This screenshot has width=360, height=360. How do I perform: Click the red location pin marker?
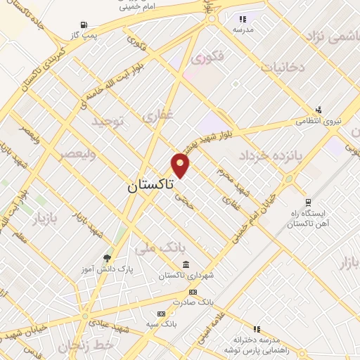click(181, 165)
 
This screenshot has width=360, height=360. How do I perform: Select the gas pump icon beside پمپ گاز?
click(85, 24)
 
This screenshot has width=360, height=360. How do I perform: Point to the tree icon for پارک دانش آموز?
click(107, 258)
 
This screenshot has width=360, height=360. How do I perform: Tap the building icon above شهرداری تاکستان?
click(186, 264)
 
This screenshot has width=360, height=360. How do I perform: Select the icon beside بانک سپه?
click(161, 313)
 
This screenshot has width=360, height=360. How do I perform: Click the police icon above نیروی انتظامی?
click(319, 110)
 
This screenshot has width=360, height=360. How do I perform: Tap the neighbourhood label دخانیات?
click(283, 67)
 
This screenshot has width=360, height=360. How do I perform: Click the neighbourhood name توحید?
click(107, 122)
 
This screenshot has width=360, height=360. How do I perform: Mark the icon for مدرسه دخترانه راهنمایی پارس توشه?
click(257, 328)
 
